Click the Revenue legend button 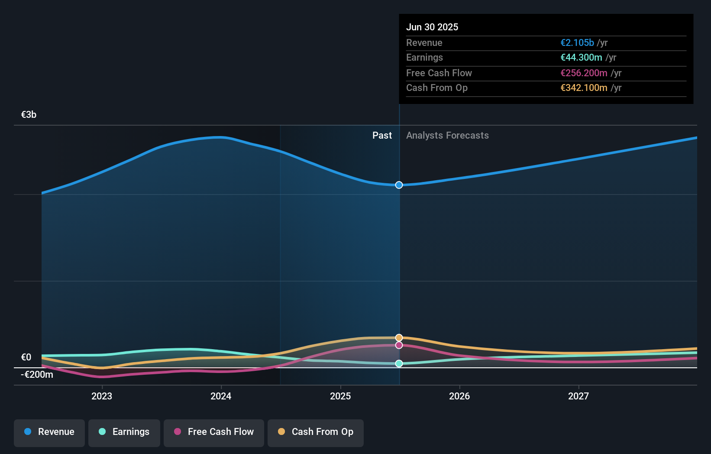pyautogui.click(x=49, y=432)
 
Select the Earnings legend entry pyautogui.click(x=124, y=432)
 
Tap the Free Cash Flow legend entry pyautogui.click(x=214, y=432)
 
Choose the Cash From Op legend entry pyautogui.click(x=316, y=432)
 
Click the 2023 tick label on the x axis pyautogui.click(x=102, y=396)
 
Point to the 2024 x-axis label pyautogui.click(x=221, y=396)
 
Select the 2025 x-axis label pyautogui.click(x=340, y=396)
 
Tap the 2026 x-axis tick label pyautogui.click(x=459, y=396)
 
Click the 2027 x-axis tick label pyautogui.click(x=578, y=396)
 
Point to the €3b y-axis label pyautogui.click(x=29, y=115)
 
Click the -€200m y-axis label pyautogui.click(x=37, y=375)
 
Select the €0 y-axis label pyautogui.click(x=26, y=357)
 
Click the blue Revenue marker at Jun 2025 pyautogui.click(x=399, y=185)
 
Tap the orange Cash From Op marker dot pyautogui.click(x=399, y=337)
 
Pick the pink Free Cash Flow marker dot pyautogui.click(x=399, y=345)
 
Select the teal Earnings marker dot pyautogui.click(x=399, y=363)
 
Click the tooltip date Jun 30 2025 pyautogui.click(x=432, y=27)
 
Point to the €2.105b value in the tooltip pyautogui.click(x=577, y=42)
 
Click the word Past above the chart pyautogui.click(x=382, y=136)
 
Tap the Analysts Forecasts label pyautogui.click(x=447, y=136)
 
